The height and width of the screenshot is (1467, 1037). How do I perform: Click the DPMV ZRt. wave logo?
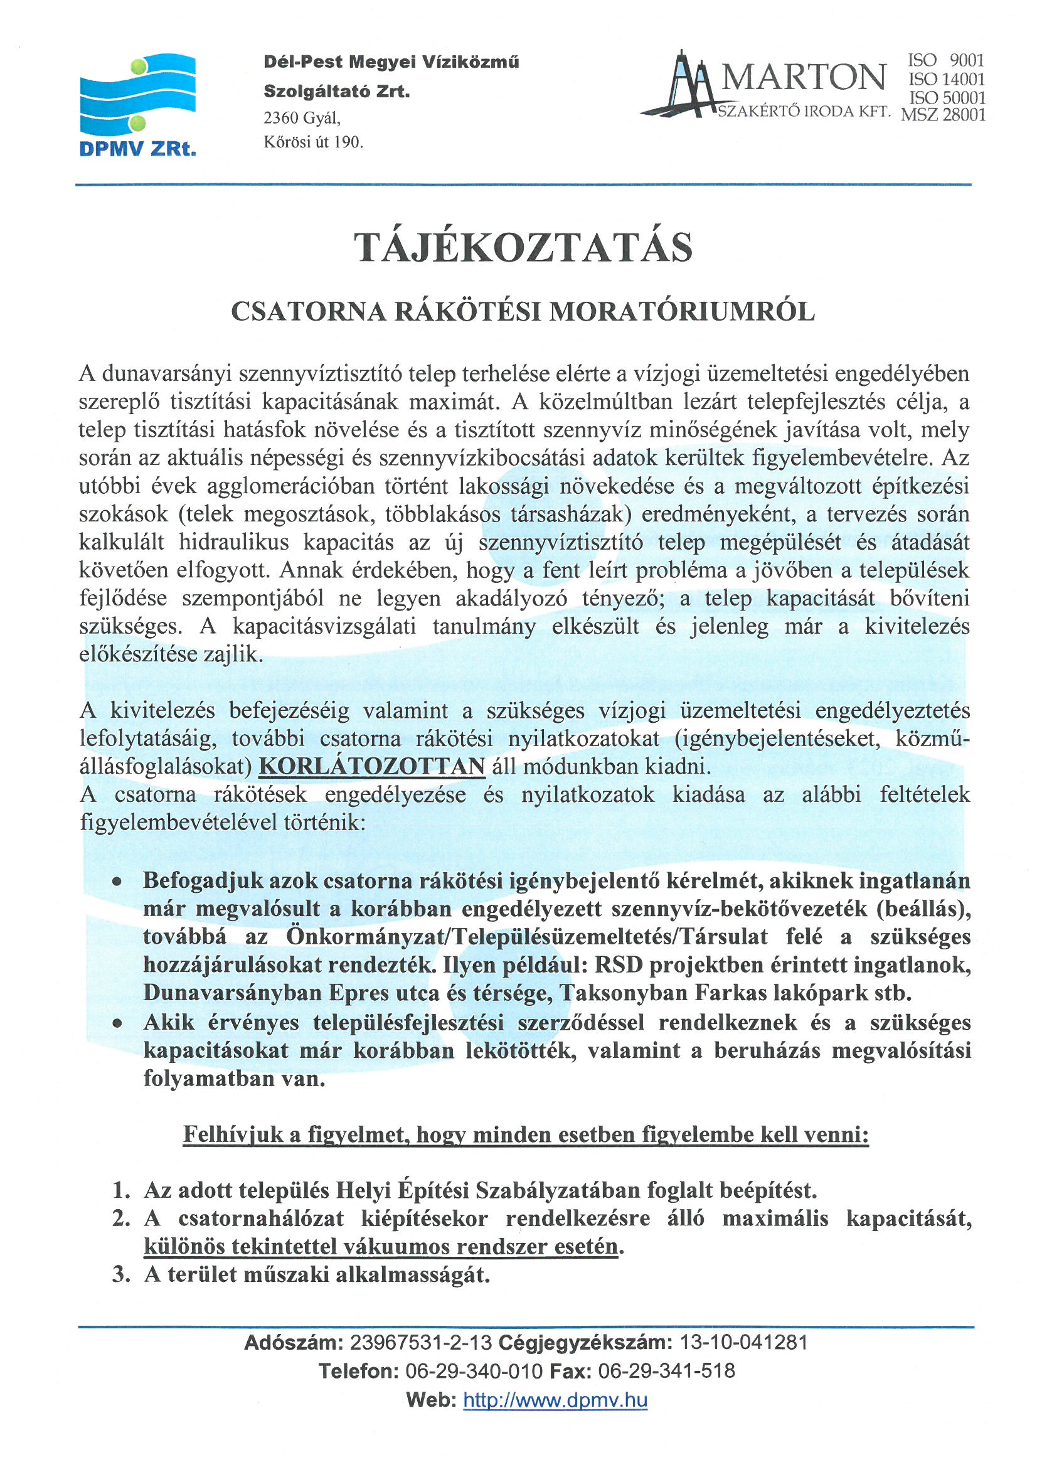click(137, 95)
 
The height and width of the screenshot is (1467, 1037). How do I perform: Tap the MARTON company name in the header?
click(804, 77)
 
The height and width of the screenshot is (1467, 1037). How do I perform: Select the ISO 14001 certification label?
click(946, 79)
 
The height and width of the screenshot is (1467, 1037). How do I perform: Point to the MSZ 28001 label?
click(943, 115)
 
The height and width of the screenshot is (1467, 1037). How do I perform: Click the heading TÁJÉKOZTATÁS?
click(523, 247)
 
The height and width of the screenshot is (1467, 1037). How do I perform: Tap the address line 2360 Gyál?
click(302, 118)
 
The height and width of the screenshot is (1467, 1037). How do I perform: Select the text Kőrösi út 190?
click(313, 142)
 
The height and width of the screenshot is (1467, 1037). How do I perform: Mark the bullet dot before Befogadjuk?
click(117, 882)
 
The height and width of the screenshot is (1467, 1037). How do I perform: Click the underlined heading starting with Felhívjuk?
click(525, 1134)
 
